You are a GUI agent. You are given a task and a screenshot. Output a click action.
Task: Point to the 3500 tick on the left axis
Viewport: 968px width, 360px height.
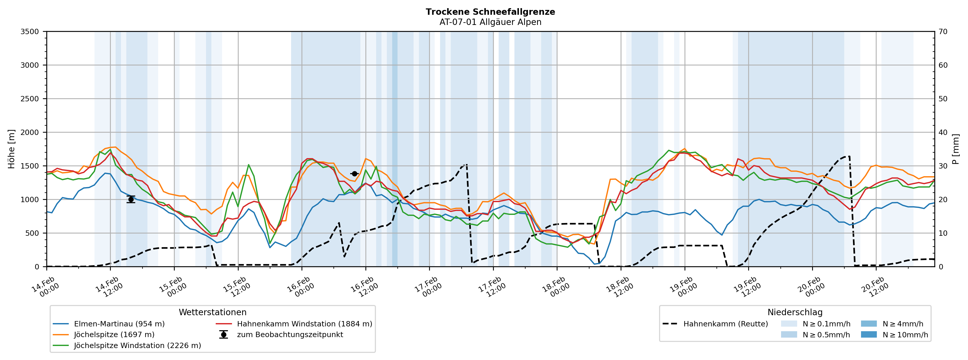click(x=30, y=32)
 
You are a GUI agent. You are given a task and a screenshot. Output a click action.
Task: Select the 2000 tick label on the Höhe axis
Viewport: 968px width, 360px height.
click(x=30, y=132)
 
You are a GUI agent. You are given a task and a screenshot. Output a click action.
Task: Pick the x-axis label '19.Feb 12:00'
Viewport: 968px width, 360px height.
click(x=747, y=287)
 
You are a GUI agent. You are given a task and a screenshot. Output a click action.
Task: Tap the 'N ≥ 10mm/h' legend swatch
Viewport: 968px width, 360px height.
click(x=868, y=335)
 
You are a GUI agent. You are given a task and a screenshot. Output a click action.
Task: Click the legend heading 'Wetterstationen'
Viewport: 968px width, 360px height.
click(x=212, y=312)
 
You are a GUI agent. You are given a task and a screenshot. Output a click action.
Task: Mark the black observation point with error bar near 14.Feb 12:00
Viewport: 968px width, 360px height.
click(x=131, y=199)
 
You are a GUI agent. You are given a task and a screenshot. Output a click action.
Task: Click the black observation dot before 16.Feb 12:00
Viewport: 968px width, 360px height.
click(x=354, y=174)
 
